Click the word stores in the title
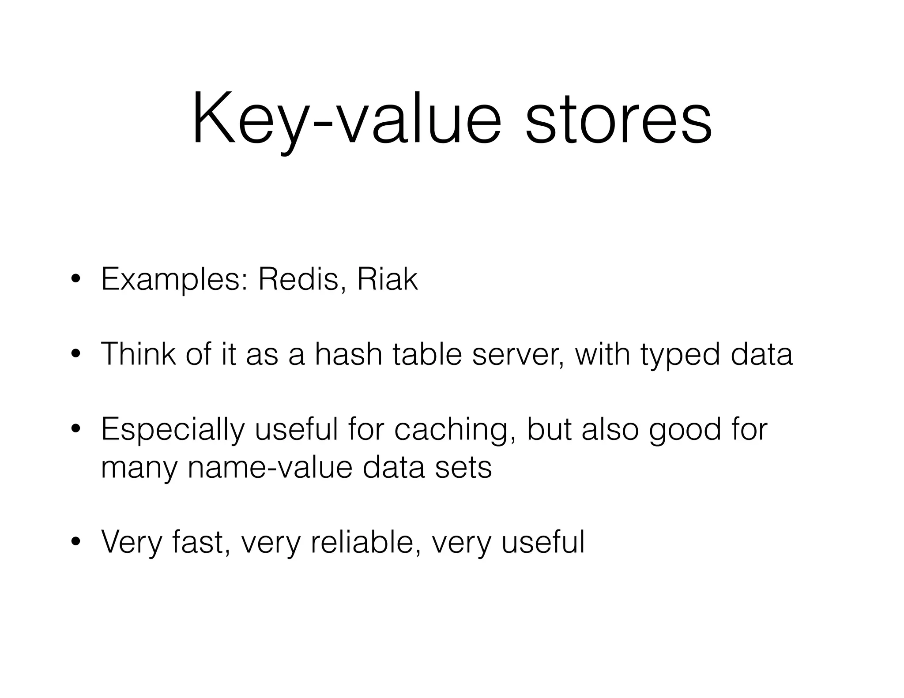[618, 119]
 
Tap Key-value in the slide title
[347, 119]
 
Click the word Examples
[174, 281]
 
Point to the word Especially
[172, 430]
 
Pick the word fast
[201, 542]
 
